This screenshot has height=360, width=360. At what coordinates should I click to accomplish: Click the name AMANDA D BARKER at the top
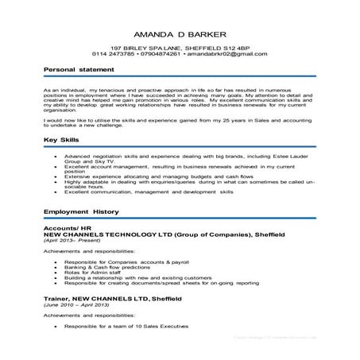click(x=180, y=37)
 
